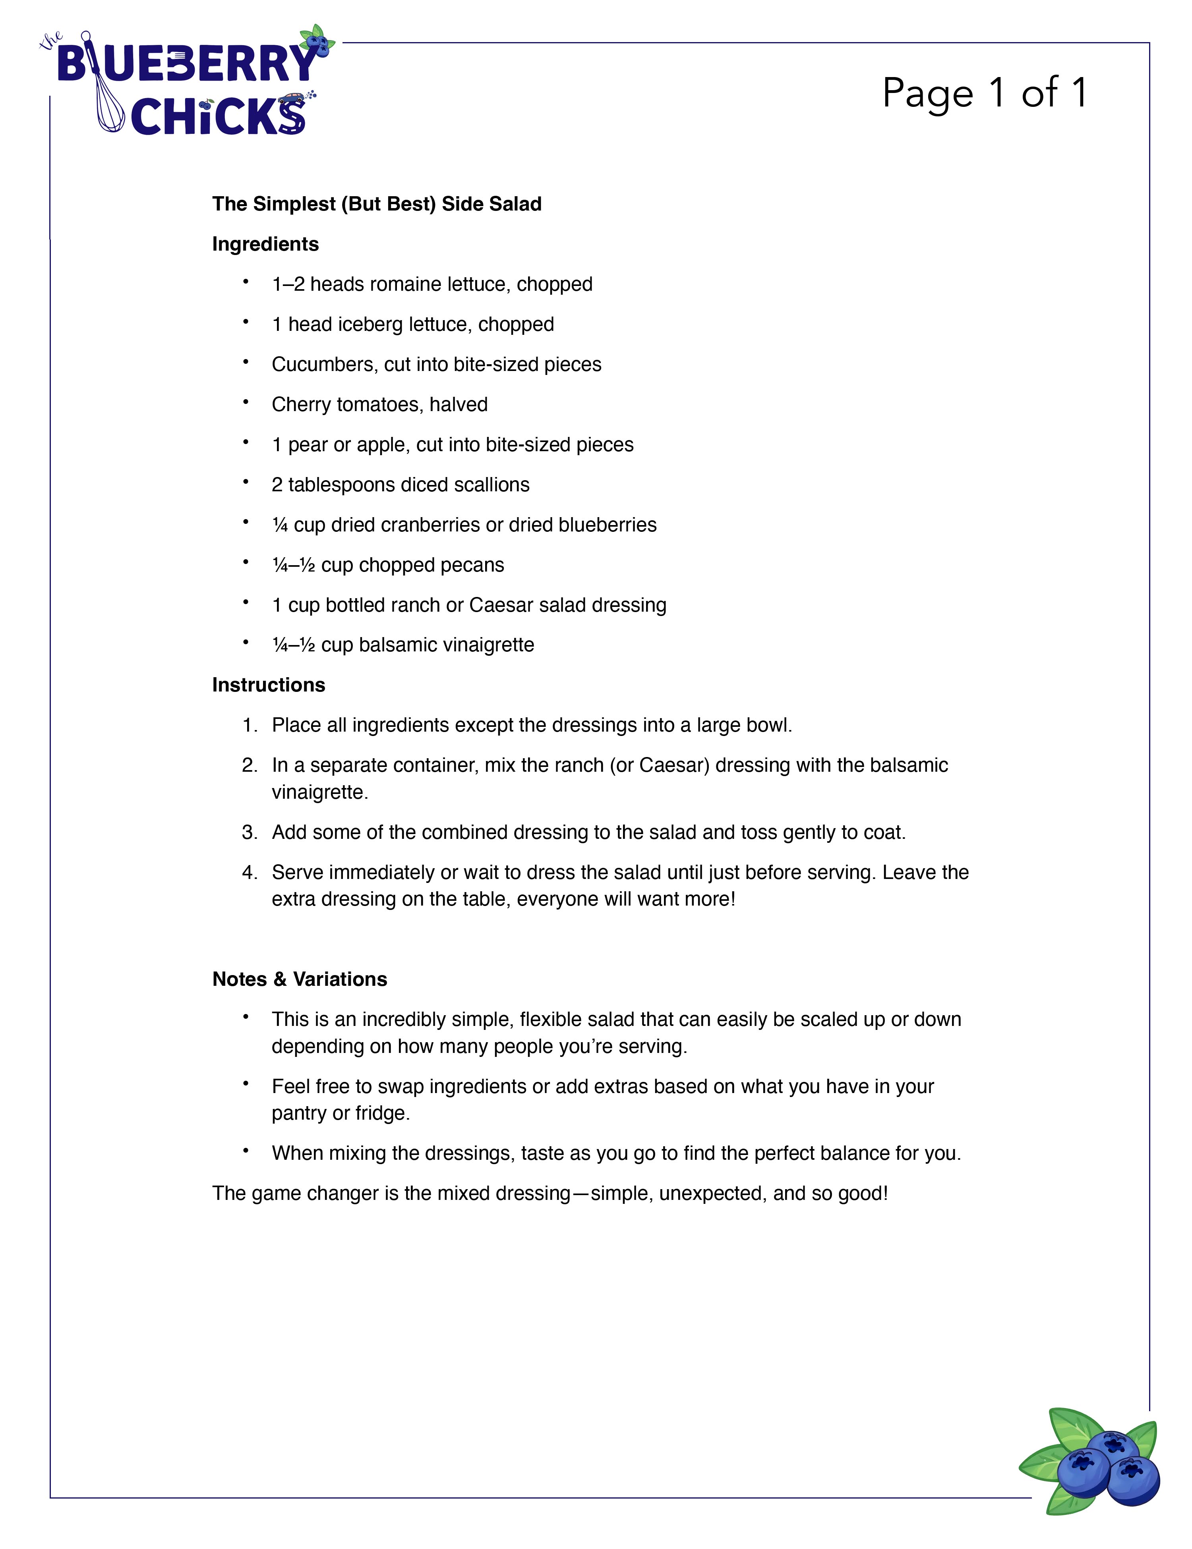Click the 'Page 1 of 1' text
[x=985, y=93]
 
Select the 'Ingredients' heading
[x=265, y=244]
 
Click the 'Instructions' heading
[x=268, y=685]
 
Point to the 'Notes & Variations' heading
[x=300, y=979]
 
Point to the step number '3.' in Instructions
[x=249, y=832]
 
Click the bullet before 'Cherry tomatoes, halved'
[x=246, y=402]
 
